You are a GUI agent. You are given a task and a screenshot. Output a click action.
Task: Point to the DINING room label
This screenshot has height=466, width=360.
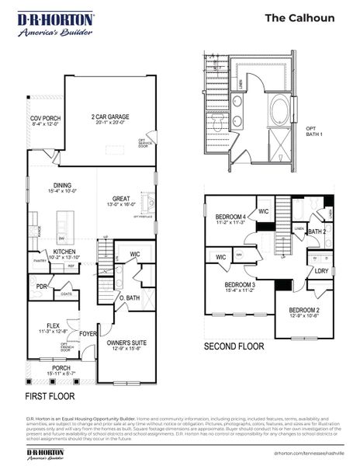click(x=62, y=185)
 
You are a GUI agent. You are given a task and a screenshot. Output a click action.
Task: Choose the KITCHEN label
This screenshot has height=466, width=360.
click(x=64, y=252)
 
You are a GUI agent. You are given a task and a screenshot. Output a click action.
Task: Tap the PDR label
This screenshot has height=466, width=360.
click(x=43, y=286)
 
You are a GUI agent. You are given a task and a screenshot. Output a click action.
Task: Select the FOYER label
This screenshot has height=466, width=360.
click(x=88, y=335)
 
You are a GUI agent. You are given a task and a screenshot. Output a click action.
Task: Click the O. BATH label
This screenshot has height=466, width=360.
click(x=129, y=298)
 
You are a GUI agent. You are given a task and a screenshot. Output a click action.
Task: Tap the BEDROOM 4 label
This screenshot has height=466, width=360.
click(x=230, y=217)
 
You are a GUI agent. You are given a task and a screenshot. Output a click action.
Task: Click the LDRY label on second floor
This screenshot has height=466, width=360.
click(x=320, y=270)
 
